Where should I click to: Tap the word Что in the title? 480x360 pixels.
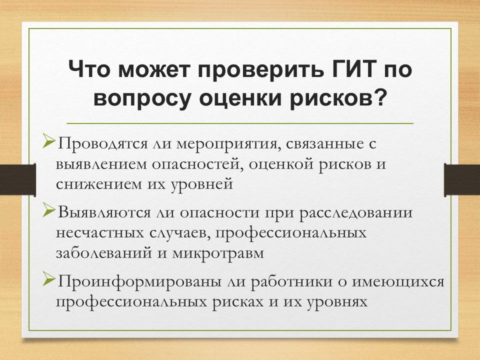pyautogui.click(x=89, y=69)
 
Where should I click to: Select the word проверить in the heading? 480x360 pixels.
pyautogui.click(x=260, y=70)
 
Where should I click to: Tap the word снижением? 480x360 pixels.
pyautogui.click(x=98, y=184)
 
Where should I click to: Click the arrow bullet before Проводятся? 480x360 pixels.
pyautogui.click(x=48, y=141)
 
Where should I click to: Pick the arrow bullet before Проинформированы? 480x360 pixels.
pyautogui.click(x=48, y=279)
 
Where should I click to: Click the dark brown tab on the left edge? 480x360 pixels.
pyautogui.click(x=18, y=179)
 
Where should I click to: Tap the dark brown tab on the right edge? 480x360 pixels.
pyautogui.click(x=462, y=180)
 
